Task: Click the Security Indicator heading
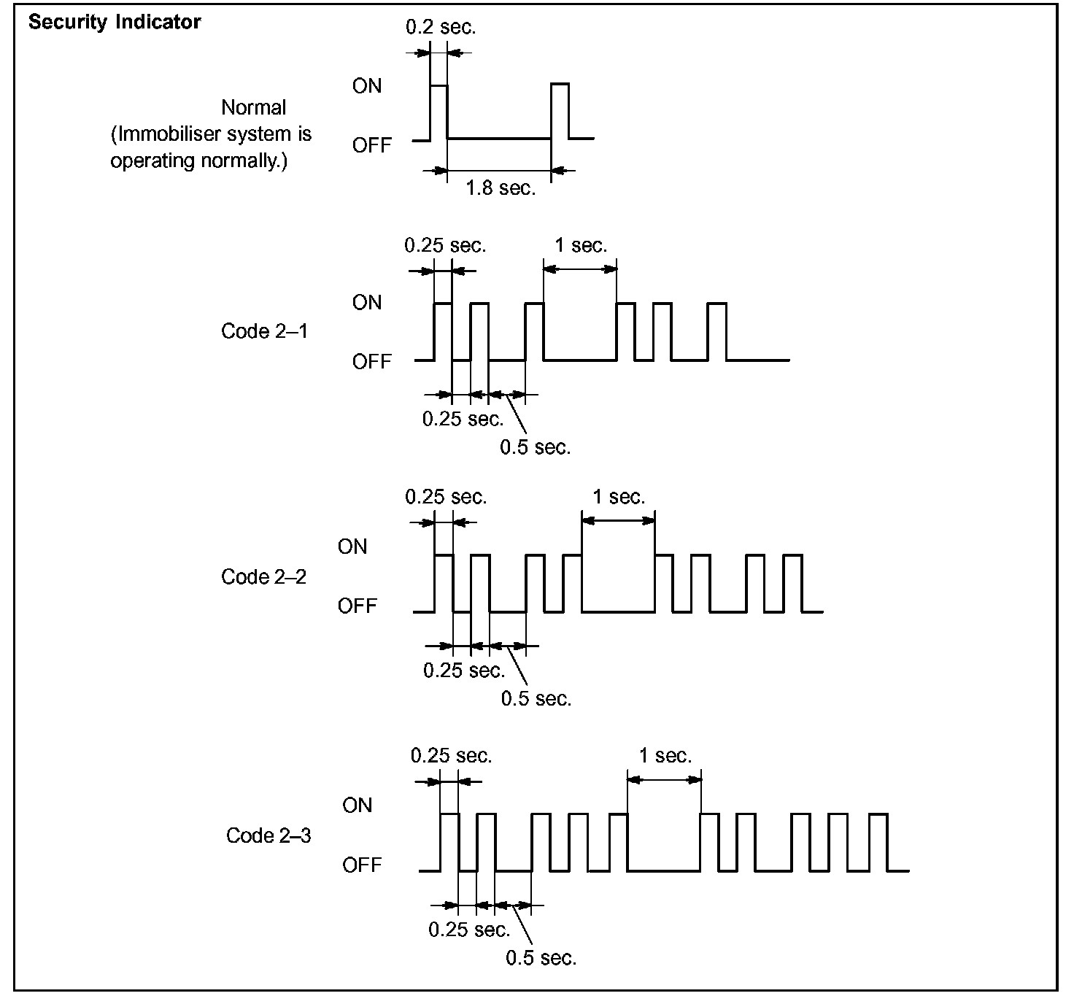point(115,22)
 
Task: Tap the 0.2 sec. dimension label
point(441,28)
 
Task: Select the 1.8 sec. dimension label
point(501,188)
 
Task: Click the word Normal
point(253,108)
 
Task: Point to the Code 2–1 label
point(264,331)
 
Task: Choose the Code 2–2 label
point(264,577)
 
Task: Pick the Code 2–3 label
point(268,835)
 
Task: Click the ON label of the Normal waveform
point(367,86)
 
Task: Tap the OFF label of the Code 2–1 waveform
point(372,362)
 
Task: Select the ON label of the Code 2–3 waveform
point(358,806)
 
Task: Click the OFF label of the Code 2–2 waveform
point(358,606)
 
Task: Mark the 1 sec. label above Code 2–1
point(581,245)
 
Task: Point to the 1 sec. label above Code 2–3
point(665,756)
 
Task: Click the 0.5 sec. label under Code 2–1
point(536,447)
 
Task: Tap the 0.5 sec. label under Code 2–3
point(541,957)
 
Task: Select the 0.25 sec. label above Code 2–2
point(446,497)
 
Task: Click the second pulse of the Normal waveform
point(560,111)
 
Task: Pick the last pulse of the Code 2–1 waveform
point(717,331)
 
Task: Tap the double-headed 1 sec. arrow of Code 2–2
point(619,520)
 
